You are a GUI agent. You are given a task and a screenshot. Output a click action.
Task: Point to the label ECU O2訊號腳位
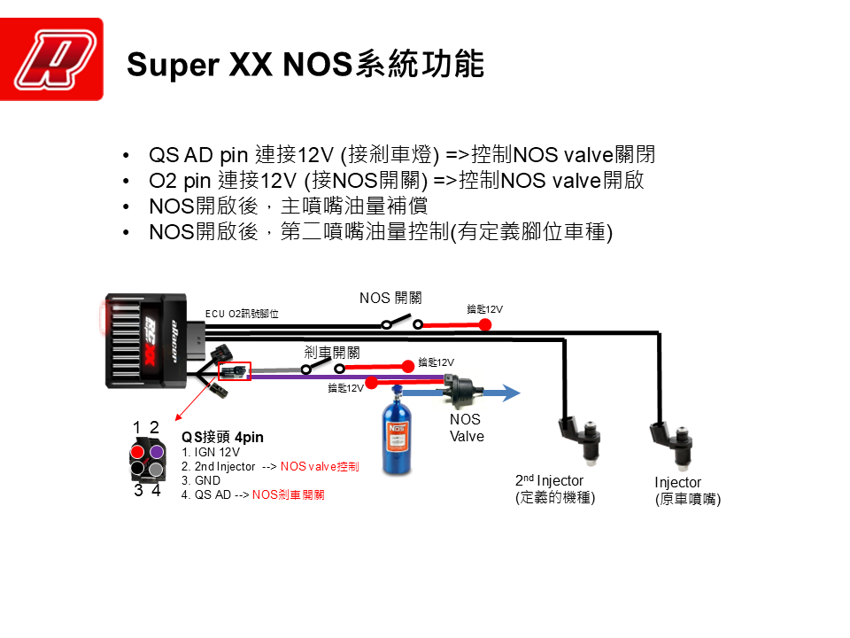pos(242,313)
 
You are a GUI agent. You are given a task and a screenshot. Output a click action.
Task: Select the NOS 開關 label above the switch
pos(390,298)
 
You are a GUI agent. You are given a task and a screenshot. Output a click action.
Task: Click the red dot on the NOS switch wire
pos(485,324)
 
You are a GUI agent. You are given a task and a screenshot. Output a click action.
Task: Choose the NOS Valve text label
pos(466,427)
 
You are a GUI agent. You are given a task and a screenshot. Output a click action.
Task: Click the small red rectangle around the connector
pos(235,371)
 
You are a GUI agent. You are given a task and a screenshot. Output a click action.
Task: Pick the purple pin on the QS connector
pos(156,452)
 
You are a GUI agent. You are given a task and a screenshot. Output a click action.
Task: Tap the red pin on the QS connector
pos(138,452)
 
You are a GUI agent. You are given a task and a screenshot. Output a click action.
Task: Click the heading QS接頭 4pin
pos(222,437)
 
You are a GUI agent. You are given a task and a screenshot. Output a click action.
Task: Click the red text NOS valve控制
pos(320,466)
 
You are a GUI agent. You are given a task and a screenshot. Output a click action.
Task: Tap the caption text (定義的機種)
pos(555,497)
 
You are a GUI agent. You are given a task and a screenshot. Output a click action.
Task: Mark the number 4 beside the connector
pos(156,490)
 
